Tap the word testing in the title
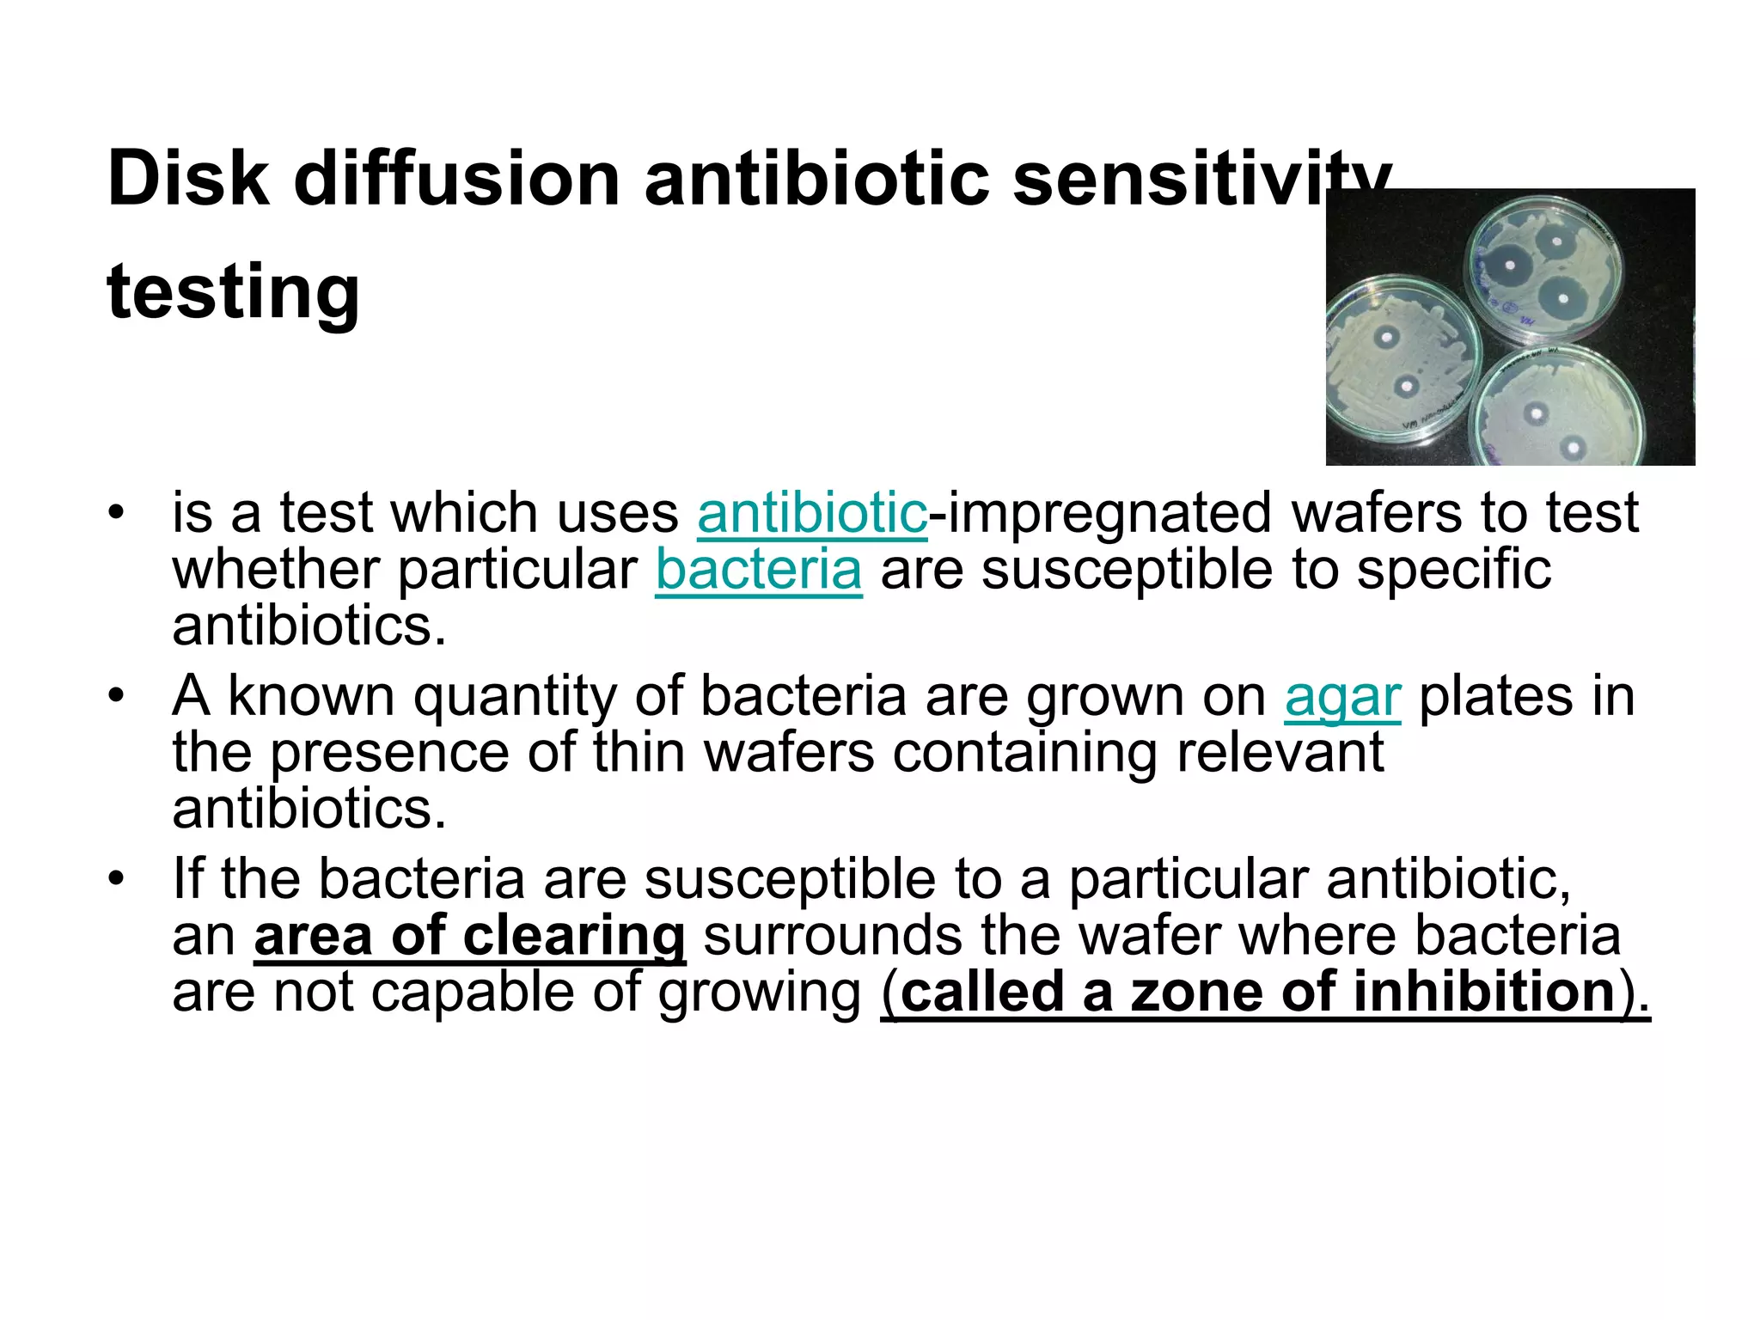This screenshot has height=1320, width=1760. click(233, 292)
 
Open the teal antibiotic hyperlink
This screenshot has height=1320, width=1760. click(812, 513)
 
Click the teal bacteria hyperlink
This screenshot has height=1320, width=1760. click(758, 570)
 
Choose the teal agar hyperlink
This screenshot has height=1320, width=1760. click(1342, 697)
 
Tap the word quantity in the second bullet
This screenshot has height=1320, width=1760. click(515, 697)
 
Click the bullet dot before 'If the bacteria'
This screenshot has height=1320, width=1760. click(117, 879)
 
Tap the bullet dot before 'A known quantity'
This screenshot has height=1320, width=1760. click(117, 695)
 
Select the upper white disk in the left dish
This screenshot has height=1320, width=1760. click(1386, 339)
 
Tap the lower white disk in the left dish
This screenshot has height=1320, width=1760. click(1406, 387)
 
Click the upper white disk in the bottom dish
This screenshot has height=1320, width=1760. click(1535, 412)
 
